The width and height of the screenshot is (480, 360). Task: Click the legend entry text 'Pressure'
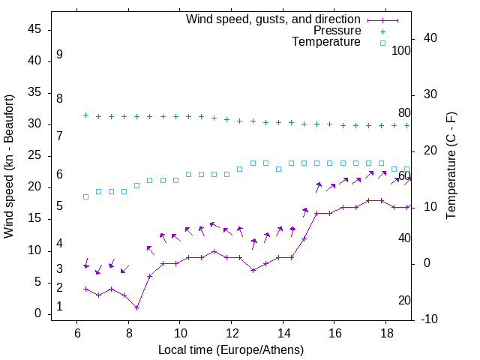[337, 31]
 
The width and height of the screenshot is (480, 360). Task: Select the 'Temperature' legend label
[326, 42]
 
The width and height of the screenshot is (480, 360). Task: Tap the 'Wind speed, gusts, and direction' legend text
[274, 19]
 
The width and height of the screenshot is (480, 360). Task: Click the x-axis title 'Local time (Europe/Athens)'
[231, 350]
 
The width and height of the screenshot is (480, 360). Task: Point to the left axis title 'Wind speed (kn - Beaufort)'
[9, 166]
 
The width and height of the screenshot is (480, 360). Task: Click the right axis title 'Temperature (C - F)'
[451, 166]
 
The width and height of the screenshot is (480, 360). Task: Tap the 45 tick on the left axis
[34, 29]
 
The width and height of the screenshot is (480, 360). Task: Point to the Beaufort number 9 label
[59, 55]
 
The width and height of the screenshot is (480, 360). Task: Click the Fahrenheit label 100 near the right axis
[402, 51]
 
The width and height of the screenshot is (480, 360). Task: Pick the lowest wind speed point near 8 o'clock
[137, 307]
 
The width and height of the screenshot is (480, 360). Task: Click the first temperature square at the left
[85, 196]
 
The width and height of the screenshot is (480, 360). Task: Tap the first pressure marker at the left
[85, 115]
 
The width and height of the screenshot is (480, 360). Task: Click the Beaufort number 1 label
[59, 307]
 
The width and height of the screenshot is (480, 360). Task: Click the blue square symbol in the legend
[382, 43]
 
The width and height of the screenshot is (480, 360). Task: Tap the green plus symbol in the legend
[382, 31]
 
